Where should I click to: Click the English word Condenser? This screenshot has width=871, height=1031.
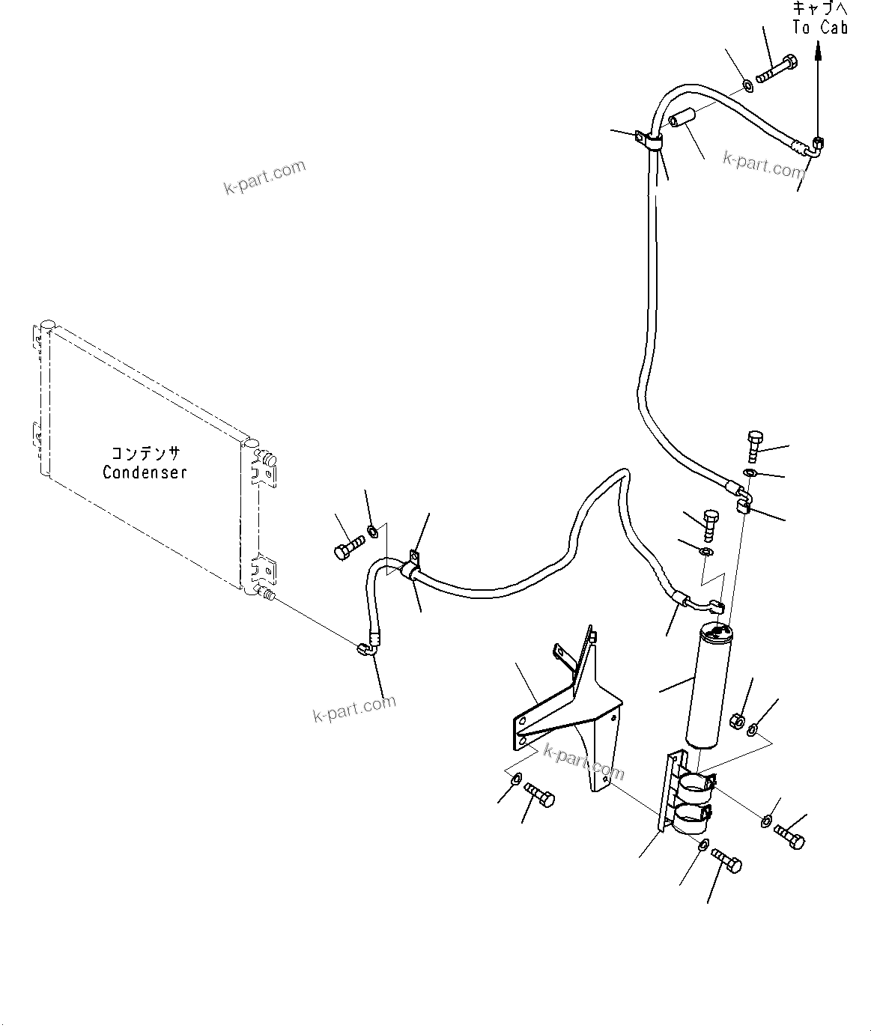(145, 472)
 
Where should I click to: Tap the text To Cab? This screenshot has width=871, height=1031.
(820, 28)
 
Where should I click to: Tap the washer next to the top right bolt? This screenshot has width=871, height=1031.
(748, 85)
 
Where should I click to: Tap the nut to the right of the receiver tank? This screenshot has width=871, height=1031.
(735, 721)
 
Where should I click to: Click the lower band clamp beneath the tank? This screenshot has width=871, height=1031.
(694, 821)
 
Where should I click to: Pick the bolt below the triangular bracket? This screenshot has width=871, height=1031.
(538, 796)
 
